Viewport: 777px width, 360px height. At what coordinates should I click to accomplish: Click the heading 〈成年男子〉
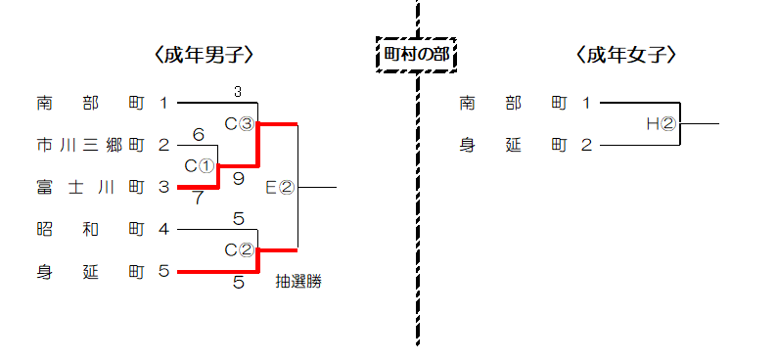point(204,56)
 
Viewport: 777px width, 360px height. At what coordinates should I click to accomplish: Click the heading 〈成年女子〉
point(626,56)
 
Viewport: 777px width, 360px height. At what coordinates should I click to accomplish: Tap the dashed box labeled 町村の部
point(417,55)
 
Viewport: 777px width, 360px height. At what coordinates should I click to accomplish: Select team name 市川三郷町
point(91,146)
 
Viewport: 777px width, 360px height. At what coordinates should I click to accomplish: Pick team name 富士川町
point(91,188)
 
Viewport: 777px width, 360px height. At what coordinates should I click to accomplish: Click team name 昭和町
point(91,230)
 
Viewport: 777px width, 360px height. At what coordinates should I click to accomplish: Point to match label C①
point(201,166)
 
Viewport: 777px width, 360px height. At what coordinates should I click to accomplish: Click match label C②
point(241,250)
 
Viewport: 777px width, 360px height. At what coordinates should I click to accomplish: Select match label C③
point(241,124)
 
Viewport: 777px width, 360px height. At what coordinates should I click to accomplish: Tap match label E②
point(281,188)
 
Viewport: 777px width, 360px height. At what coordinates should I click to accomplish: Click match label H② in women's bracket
point(662,124)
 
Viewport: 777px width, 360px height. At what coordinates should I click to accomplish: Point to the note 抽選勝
point(298,282)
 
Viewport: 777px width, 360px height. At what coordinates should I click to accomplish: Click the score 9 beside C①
point(239,179)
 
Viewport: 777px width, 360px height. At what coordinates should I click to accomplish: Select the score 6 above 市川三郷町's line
point(199,135)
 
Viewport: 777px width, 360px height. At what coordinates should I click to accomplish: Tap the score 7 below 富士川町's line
point(199,198)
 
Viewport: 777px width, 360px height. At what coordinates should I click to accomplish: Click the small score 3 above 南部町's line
point(238,92)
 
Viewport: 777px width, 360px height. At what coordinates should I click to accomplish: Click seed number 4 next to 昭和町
point(164,230)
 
